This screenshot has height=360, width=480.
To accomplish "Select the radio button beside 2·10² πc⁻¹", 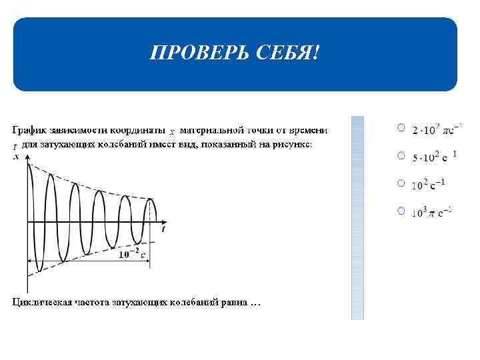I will click(x=400, y=127).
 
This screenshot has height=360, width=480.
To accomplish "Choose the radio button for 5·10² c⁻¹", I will click(x=400, y=155).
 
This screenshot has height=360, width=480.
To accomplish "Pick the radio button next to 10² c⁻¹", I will click(x=400, y=183).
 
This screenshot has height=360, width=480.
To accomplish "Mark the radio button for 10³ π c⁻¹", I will click(x=400, y=211).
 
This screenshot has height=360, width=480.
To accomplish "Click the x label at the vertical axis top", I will click(x=16, y=157).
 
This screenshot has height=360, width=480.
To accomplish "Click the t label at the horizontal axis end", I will click(x=163, y=229).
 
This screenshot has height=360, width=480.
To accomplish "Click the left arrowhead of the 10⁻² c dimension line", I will click(x=29, y=261).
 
